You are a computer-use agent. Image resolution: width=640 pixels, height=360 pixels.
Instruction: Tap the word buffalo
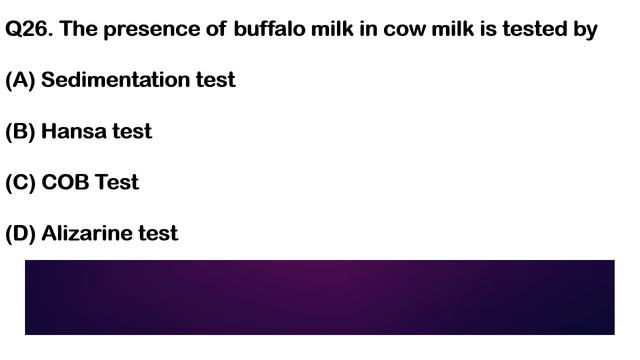[271, 30]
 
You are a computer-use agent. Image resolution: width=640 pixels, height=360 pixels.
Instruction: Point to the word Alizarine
[89, 234]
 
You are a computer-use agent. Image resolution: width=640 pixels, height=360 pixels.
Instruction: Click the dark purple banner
[319, 297]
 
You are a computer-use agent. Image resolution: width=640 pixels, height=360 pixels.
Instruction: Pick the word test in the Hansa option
[133, 131]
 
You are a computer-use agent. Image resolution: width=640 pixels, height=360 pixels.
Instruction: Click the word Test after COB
[117, 183]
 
